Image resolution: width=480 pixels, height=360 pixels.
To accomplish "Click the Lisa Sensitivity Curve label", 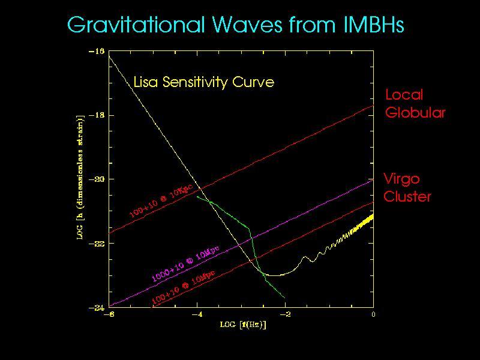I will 203,82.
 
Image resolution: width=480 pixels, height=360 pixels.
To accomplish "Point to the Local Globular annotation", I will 415,103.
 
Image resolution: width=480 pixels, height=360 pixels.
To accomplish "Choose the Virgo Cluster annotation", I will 407,187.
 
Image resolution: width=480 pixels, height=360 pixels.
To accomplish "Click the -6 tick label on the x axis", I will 109,314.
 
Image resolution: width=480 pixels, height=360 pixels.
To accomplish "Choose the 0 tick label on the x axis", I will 373,314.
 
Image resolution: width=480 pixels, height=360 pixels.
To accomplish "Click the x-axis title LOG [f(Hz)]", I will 242,325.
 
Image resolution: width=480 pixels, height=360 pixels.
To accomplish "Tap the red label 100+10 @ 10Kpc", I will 161,204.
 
